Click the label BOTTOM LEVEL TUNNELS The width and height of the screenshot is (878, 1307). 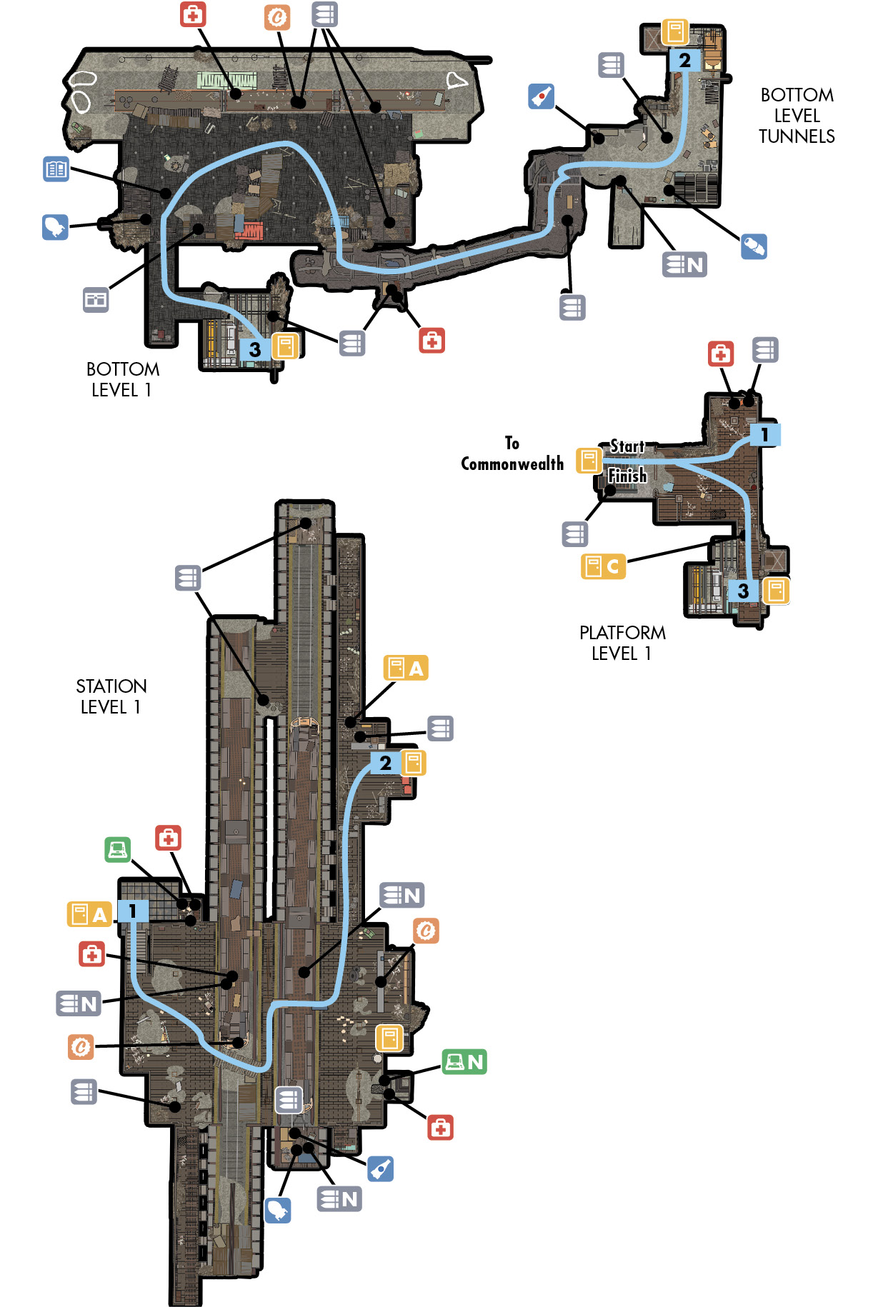coord(797,116)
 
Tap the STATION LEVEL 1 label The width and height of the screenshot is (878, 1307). coord(111,696)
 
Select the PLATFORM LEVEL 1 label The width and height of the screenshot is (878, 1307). coord(622,643)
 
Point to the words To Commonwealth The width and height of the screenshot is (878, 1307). coord(512,454)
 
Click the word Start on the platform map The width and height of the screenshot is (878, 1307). coord(627,446)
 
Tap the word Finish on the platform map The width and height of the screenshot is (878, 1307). coord(627,476)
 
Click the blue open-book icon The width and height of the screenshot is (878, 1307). coord(56,169)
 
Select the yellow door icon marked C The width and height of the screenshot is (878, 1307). coord(603,566)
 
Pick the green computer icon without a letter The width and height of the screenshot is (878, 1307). coord(118,849)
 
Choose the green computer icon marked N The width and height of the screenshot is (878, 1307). coord(464,1062)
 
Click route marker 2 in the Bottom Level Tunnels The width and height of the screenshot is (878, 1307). coord(684,60)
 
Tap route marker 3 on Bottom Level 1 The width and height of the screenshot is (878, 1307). coord(255,349)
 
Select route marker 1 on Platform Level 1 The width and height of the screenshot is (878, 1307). coord(765,434)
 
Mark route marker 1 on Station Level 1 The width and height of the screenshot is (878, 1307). coord(133,911)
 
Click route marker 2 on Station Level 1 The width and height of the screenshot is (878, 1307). coord(386,763)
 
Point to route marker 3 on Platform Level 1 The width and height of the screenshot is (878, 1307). coord(744,591)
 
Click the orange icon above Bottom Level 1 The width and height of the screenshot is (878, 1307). coord(277,16)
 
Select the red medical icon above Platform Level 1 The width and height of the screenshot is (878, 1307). coord(721,353)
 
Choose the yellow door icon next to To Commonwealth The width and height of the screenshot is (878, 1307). coord(589,461)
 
